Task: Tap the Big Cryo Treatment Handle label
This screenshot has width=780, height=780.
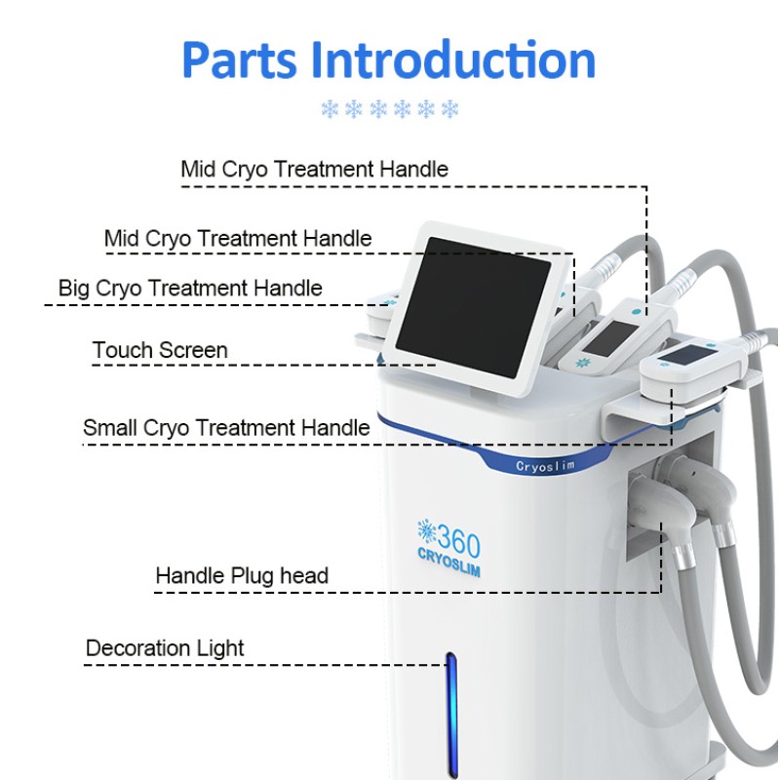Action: (190, 288)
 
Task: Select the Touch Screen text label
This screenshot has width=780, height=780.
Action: (160, 350)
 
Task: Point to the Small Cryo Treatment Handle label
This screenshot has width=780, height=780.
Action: (226, 427)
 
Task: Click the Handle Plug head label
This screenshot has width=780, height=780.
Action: (242, 575)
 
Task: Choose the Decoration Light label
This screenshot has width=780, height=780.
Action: (165, 648)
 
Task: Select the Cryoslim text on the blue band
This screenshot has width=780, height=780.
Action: (546, 466)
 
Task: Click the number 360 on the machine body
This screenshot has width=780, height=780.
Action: (457, 537)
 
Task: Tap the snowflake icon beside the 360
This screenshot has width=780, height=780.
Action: (424, 531)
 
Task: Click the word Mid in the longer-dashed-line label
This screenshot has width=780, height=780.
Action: (198, 169)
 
